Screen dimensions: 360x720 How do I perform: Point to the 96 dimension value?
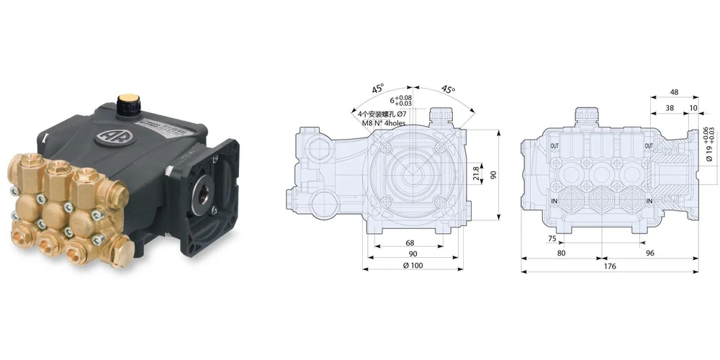click(x=649, y=253)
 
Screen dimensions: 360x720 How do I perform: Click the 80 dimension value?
click(x=561, y=253)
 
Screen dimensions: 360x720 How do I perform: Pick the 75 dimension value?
click(x=552, y=238)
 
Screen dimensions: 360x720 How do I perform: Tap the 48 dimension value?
click(x=674, y=92)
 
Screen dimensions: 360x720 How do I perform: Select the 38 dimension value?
click(x=670, y=108)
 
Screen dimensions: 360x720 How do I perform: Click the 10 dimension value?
click(x=693, y=108)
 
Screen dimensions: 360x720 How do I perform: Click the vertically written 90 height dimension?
click(x=494, y=176)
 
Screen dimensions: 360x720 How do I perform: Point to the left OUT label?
click(x=554, y=146)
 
